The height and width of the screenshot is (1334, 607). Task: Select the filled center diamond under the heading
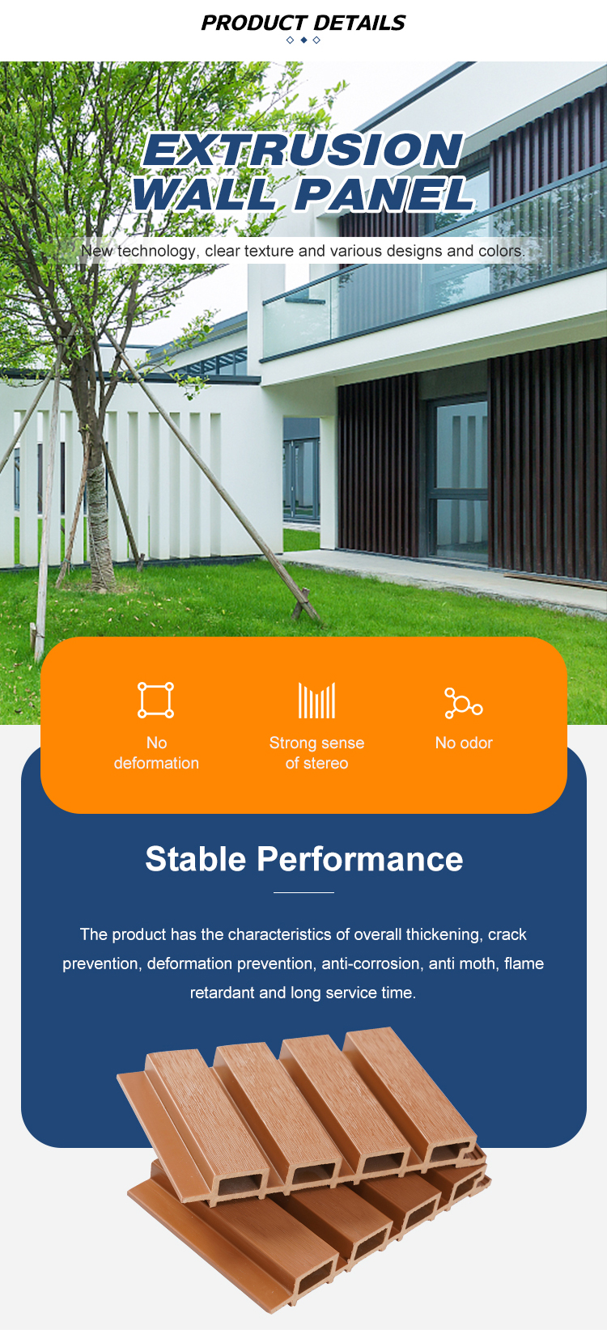click(x=303, y=40)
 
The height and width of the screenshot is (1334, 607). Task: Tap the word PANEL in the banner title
click(x=384, y=194)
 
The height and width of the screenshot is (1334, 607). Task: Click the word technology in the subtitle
click(x=156, y=251)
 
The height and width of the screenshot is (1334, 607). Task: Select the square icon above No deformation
click(x=155, y=700)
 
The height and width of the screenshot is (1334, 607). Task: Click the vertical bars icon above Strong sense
click(x=316, y=701)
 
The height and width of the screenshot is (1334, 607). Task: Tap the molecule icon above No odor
click(x=463, y=702)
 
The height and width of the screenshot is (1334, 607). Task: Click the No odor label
click(x=464, y=743)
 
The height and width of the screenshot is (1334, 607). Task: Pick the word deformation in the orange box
click(x=156, y=763)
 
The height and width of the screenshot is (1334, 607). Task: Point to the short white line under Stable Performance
click(x=303, y=892)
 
